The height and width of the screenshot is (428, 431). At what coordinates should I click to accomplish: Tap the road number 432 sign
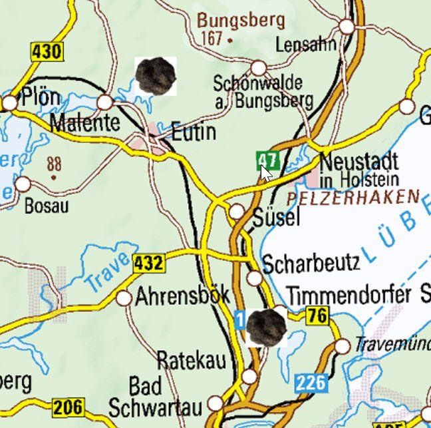point(148,264)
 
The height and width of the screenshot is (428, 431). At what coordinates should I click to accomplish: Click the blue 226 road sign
point(311,383)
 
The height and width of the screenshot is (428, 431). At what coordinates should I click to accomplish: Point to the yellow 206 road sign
point(69,407)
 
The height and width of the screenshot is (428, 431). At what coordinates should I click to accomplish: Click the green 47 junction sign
point(267,160)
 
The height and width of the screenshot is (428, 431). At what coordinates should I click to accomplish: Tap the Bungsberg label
point(240,20)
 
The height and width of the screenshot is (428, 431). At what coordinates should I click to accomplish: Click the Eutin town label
point(194,132)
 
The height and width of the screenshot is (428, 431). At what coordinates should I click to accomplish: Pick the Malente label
point(84,122)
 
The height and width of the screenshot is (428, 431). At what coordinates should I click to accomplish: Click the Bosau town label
point(46,206)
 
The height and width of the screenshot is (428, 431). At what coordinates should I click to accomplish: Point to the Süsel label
point(277,217)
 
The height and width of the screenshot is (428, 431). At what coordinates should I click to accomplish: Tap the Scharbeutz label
point(311,263)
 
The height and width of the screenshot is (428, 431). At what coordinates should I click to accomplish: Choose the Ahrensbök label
point(182,296)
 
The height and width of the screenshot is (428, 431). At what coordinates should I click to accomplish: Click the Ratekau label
point(191,360)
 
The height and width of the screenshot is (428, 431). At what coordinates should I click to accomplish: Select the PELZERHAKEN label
point(354,198)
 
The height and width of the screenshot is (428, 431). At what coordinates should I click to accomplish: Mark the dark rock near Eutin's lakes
point(156,75)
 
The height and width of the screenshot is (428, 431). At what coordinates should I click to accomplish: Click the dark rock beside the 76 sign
point(266,326)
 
